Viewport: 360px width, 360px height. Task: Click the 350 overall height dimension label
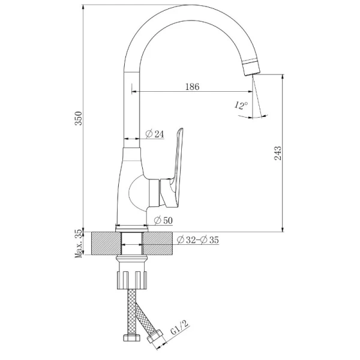79,118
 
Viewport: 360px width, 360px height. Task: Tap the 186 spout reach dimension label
192,86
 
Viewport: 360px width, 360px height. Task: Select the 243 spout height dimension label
278,153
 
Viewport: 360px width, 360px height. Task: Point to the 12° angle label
241,106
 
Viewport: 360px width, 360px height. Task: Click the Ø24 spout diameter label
155,134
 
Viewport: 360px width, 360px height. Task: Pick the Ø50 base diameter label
163,221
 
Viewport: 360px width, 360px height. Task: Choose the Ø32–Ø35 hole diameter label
198,240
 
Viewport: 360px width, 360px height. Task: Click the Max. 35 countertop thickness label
79,244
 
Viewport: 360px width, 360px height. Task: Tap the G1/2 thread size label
179,327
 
